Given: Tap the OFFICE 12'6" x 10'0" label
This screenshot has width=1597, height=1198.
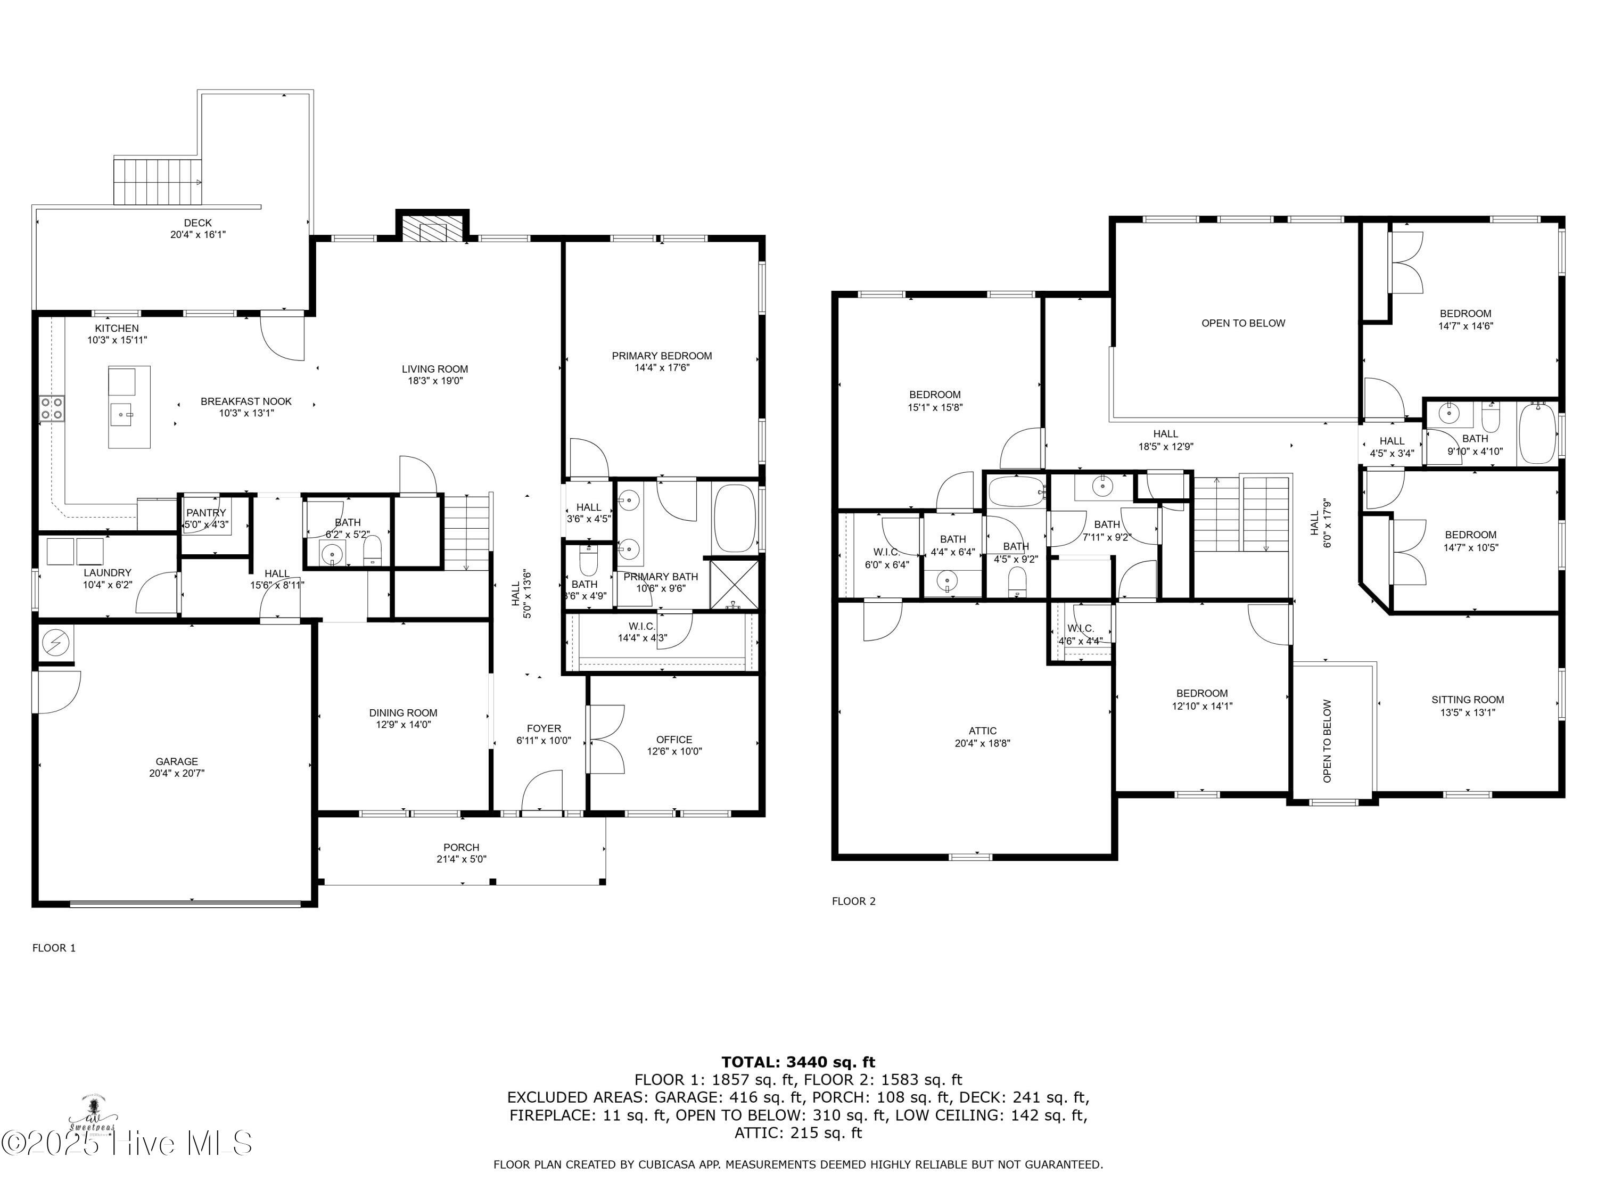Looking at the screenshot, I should pos(674,745).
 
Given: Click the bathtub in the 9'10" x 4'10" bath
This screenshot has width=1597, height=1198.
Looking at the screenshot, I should pos(1538,433).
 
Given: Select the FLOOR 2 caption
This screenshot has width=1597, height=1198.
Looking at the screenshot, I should pos(853,901).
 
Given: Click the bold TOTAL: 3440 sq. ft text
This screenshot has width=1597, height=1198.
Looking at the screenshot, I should pos(798,1062).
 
